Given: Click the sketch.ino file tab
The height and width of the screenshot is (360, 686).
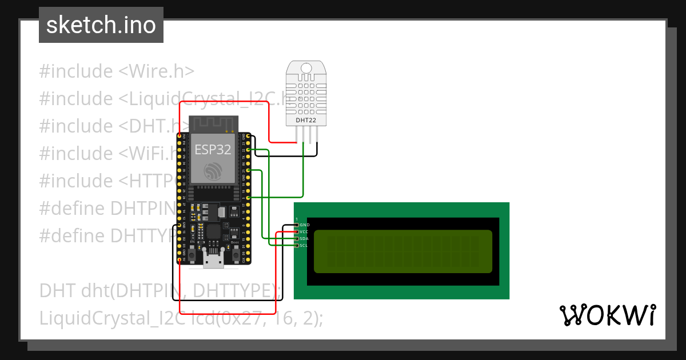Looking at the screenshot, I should click(101, 25).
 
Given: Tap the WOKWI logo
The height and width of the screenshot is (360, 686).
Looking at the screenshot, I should click(607, 315).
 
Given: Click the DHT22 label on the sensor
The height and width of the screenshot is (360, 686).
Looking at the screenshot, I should click(306, 121).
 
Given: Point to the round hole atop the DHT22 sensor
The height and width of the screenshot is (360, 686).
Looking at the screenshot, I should click(306, 68).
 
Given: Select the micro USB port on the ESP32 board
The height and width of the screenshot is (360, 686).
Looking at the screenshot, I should click(213, 262).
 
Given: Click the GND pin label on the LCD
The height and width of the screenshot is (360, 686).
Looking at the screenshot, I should click(304, 225).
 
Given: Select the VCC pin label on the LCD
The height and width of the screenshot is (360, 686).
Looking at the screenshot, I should click(304, 232).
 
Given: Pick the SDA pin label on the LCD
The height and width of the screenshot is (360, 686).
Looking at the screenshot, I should click(304, 239).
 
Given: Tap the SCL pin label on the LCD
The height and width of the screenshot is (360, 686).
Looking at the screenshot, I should click(304, 246).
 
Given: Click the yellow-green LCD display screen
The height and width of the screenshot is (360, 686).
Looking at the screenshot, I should click(402, 251).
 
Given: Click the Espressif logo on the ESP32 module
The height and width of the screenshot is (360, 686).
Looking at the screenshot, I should click(213, 171).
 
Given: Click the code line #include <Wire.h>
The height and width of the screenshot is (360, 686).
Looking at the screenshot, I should click(117, 71).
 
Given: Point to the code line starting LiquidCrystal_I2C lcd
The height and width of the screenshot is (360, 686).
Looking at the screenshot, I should click(181, 318).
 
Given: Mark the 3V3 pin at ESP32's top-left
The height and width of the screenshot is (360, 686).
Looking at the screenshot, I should click(180, 136).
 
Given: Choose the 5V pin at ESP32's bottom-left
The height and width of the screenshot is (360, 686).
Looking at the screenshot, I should click(180, 260).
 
